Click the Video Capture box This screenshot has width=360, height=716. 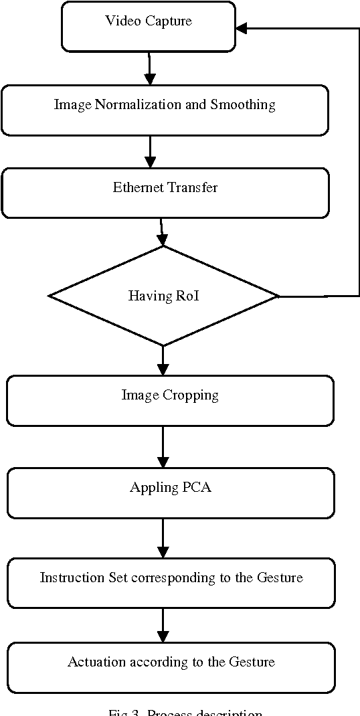tap(149, 26)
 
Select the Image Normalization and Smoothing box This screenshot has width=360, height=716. tap(165, 110)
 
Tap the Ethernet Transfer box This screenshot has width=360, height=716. tap(165, 192)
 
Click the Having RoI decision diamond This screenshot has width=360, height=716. tap(163, 295)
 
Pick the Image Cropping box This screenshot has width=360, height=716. tap(170, 400)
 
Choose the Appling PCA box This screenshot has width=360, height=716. tap(170, 493)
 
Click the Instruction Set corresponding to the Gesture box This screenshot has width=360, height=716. tap(171, 582)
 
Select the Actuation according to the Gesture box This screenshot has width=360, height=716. tap(171, 667)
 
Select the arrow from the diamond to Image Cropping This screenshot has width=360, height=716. tap(163, 361)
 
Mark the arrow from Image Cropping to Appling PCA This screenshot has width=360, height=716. tap(163, 446)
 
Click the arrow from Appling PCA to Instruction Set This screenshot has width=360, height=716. tap(163, 538)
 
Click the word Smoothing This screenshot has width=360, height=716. tap(243, 105)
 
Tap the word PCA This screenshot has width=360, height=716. tap(197, 487)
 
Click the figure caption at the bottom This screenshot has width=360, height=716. tap(185, 712)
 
